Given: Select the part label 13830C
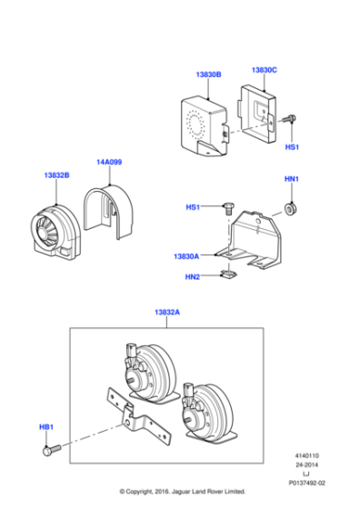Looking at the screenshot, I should click(x=264, y=69).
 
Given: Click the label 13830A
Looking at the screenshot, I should click(x=186, y=257).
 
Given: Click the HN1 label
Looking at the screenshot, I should click(x=292, y=180).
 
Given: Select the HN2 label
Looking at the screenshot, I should click(x=193, y=277).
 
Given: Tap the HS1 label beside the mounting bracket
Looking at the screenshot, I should click(x=193, y=207).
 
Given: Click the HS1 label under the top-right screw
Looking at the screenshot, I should click(x=291, y=145).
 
